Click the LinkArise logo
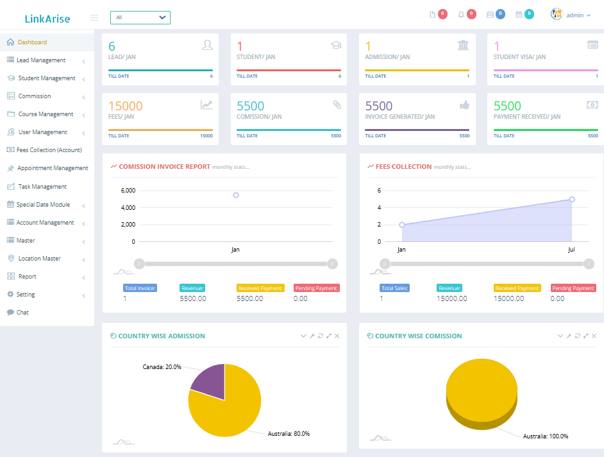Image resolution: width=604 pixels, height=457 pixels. (x=47, y=19)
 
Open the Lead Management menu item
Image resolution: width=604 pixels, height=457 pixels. (x=41, y=60)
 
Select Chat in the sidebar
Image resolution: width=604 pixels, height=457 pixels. (x=23, y=313)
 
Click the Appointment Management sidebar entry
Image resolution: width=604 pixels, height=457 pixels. (x=52, y=168)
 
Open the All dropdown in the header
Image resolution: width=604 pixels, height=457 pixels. (x=140, y=17)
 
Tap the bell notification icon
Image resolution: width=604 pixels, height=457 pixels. (x=461, y=15)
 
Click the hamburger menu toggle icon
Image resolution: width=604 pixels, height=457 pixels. (x=94, y=17)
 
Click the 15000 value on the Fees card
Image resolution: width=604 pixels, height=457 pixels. (x=125, y=106)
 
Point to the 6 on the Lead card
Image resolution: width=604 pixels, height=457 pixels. (x=112, y=46)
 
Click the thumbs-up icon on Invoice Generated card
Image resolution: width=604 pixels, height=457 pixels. (x=464, y=105)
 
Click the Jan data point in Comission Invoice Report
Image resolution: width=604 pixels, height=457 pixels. (x=236, y=195)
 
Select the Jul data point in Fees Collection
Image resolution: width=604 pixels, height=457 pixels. (x=571, y=199)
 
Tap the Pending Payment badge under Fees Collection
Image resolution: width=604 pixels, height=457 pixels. (x=573, y=288)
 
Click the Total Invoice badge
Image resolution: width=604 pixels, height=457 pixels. (x=140, y=288)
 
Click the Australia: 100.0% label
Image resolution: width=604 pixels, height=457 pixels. (x=545, y=436)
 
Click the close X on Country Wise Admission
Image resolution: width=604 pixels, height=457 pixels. (x=337, y=336)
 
